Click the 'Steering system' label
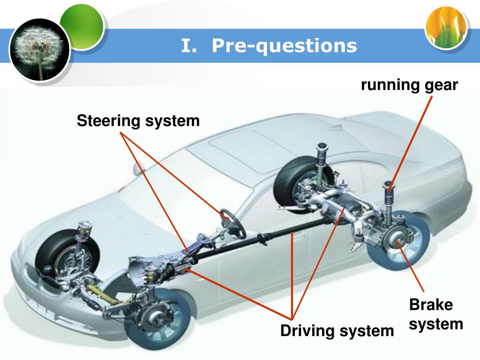point(138,121)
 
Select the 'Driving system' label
point(337,331)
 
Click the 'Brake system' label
point(432,314)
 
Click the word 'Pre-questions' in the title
point(284,46)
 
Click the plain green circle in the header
point(82,28)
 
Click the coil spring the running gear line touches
point(389,192)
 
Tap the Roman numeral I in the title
point(187,46)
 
